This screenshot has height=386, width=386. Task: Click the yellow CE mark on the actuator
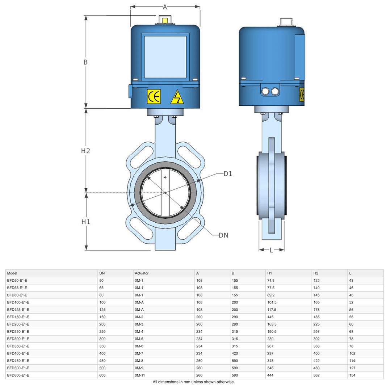pyautogui.click(x=154, y=96)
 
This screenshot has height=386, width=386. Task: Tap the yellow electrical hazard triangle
pyautogui.click(x=177, y=97)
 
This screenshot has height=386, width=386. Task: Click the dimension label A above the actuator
pyautogui.click(x=165, y=7)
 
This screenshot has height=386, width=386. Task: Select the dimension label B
pyautogui.click(x=86, y=62)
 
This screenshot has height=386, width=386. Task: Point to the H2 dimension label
pyautogui.click(x=86, y=151)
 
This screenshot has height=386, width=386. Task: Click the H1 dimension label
pyautogui.click(x=86, y=222)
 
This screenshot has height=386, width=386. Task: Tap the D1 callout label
pyautogui.click(x=228, y=174)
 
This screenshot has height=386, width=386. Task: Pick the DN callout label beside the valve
pyautogui.click(x=223, y=235)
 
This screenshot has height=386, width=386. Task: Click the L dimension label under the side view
pyautogui.click(x=271, y=250)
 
